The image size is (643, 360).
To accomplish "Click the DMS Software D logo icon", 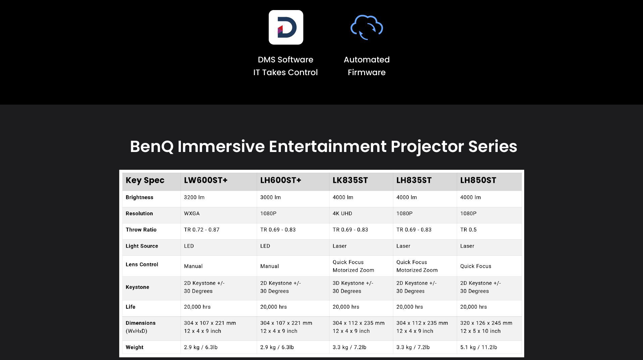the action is [286, 27].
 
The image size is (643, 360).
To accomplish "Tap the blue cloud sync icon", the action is [366, 27].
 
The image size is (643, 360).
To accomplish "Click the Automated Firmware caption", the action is [366, 66].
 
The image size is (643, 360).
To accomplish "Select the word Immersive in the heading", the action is [221, 146].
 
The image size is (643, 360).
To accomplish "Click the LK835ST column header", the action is [350, 180].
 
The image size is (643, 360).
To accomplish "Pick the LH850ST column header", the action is [478, 180].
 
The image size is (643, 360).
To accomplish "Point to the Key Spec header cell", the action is [145, 180].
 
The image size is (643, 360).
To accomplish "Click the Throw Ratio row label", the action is [141, 230].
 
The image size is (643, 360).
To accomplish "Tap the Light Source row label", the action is [142, 246].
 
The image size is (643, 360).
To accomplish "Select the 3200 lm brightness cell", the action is [194, 197].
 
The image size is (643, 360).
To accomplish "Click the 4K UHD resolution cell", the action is [342, 213].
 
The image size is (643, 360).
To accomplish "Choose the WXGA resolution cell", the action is [192, 213].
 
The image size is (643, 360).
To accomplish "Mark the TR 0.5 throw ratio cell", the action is [468, 230].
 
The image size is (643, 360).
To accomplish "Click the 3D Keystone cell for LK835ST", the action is [353, 287].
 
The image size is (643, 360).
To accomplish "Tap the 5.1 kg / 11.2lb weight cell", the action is [479, 347].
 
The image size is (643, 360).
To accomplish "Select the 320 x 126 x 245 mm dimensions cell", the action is [486, 327].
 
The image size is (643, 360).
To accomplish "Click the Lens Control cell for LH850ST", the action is [476, 266].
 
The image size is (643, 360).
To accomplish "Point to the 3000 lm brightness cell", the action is [270, 197].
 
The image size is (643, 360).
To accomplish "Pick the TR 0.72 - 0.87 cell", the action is [201, 230].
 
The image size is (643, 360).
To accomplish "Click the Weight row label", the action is [134, 347].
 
